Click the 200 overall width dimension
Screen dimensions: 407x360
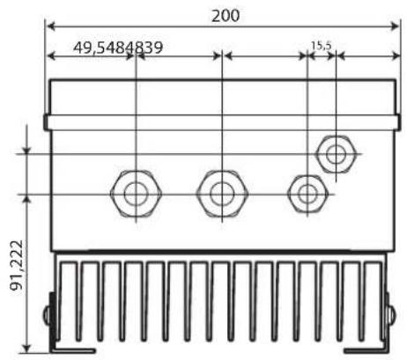point(226,16)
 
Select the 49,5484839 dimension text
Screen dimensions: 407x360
point(118,48)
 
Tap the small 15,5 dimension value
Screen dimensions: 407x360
point(322,46)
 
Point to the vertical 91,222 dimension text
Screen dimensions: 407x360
point(17,265)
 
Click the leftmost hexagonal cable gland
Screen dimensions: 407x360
point(136,194)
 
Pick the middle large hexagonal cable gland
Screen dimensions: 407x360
point(222,194)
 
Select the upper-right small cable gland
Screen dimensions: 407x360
point(336,154)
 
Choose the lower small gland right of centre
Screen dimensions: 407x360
point(307,194)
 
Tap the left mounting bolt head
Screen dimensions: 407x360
point(47,315)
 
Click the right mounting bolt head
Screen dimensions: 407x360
point(392,315)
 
